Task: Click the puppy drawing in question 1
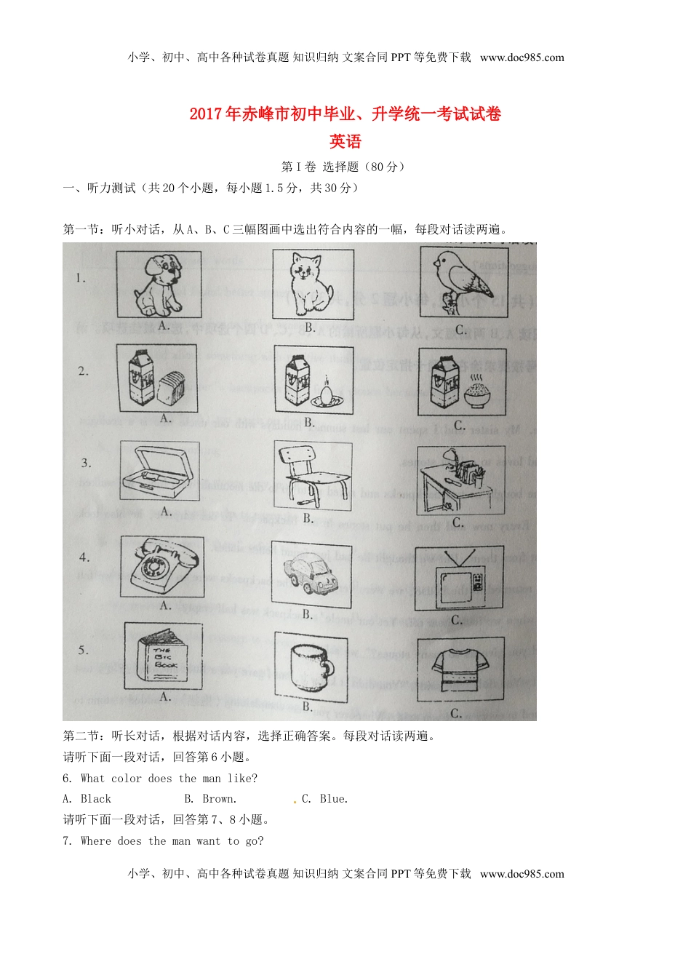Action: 159,284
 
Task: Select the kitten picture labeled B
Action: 312,284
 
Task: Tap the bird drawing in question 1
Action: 463,280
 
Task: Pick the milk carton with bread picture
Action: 157,379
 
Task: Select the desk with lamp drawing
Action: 460,480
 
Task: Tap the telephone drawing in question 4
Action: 161,568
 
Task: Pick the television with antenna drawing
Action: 458,578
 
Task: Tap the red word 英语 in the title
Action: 345,142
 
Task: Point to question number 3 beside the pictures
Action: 86,464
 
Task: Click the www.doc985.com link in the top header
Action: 522,58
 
